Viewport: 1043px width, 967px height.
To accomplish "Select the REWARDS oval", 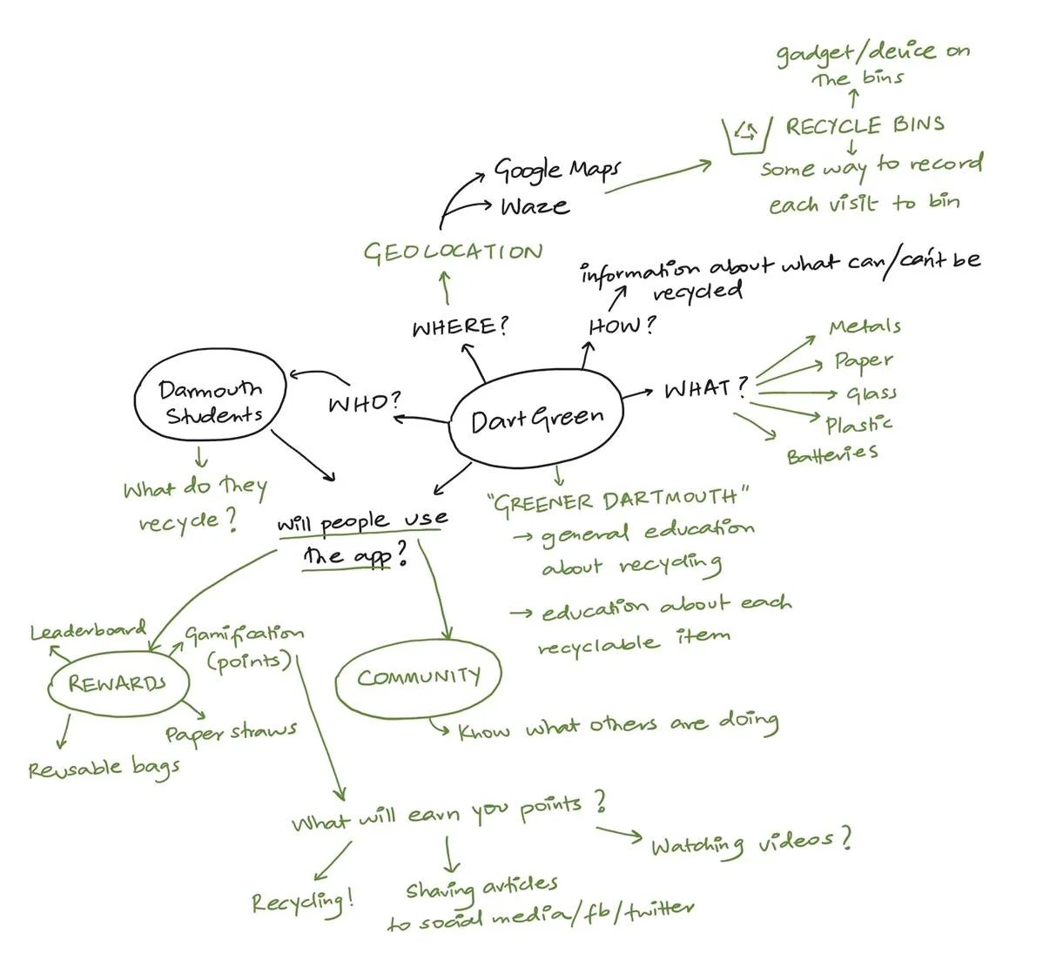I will pos(117,683).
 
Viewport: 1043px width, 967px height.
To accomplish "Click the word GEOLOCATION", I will pos(453,252).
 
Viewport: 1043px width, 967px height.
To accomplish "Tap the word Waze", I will pos(535,207).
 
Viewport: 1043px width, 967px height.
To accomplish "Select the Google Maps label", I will pos(558,169).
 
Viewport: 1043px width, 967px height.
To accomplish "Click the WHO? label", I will pos(365,403).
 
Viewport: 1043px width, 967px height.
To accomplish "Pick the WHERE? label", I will pos(460,327).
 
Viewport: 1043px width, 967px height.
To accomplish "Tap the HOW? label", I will pos(622,326).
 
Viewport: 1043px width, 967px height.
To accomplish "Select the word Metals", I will pos(865,327).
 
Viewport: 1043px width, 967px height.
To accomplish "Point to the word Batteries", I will pos(831,454).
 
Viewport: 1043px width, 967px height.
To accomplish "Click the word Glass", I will pos(871,394).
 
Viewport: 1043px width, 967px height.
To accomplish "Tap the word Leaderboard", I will pos(88,630).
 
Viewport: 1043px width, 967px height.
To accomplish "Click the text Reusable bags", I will pos(104,769).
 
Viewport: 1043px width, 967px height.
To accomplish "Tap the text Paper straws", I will pos(231,732).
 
